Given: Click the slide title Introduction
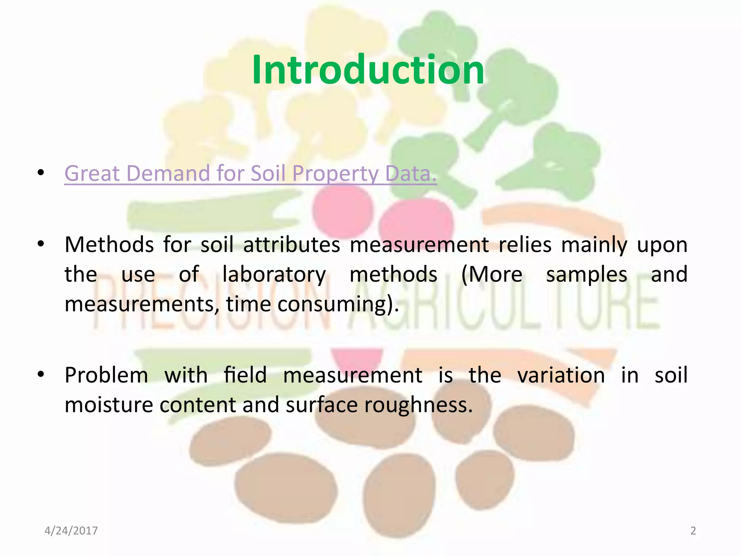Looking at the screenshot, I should pyautogui.click(x=368, y=69).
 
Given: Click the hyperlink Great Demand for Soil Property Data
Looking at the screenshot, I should pyautogui.click(x=250, y=173).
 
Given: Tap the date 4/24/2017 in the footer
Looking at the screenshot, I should pyautogui.click(x=71, y=531).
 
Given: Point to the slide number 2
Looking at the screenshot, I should pyautogui.click(x=693, y=531).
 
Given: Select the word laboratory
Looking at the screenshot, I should pyautogui.click(x=274, y=274).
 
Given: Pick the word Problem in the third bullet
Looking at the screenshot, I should pyautogui.click(x=106, y=375).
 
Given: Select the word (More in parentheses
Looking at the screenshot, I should pyautogui.click(x=492, y=274).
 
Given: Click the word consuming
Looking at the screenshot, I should pyautogui.click(x=338, y=304).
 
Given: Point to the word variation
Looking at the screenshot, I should pyautogui.click(x=561, y=375).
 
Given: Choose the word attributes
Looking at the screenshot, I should pyautogui.click(x=292, y=245).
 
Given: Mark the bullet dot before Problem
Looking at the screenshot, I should pyautogui.click(x=41, y=374).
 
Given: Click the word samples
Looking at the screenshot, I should pyautogui.click(x=587, y=274).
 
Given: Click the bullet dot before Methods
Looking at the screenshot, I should pyautogui.click(x=41, y=244).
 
